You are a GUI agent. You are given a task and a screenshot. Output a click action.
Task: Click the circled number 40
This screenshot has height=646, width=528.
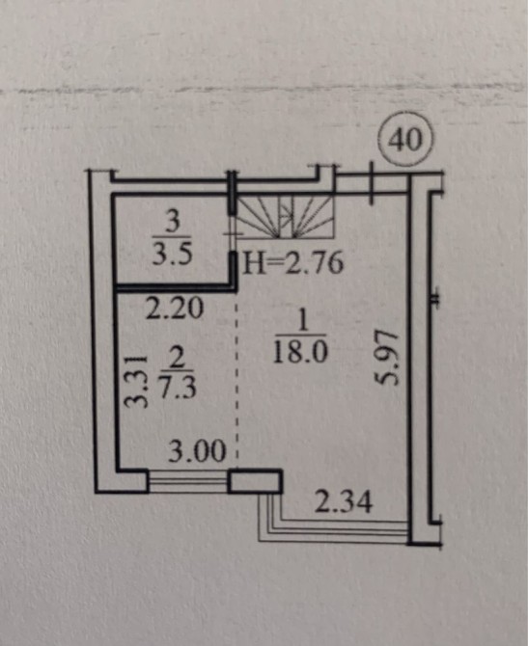[x=405, y=139]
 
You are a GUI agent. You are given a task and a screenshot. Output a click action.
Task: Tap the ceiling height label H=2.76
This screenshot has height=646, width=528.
[x=293, y=263]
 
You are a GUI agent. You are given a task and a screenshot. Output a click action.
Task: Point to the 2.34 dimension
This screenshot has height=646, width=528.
[x=344, y=501]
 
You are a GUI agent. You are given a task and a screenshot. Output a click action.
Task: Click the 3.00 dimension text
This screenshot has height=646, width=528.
[x=197, y=451]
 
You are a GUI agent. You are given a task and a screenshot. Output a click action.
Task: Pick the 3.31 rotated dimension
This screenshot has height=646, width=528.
[x=136, y=381]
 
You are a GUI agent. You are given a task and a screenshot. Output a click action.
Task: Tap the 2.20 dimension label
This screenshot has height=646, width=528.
[x=175, y=309]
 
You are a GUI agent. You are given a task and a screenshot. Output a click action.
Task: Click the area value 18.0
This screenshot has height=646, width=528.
[x=300, y=352]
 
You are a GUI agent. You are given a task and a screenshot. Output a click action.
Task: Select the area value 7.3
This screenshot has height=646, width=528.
[x=178, y=388]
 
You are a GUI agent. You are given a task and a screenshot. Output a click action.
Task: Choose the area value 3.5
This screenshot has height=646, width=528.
[x=173, y=255]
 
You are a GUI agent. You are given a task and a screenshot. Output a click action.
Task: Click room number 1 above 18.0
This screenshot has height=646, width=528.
[x=303, y=320]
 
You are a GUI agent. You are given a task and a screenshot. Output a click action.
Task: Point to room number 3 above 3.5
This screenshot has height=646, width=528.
[x=174, y=223]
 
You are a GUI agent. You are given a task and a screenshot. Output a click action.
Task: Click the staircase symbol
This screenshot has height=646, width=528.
[x=286, y=217]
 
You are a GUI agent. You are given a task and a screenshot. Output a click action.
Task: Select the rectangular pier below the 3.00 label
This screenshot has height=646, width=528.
[x=255, y=481]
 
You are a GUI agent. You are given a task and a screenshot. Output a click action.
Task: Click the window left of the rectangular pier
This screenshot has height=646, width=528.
[x=187, y=481]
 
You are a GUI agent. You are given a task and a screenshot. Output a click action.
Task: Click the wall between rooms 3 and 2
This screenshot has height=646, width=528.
[x=174, y=287]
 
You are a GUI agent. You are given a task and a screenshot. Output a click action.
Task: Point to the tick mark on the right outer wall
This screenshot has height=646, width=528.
[x=435, y=298]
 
